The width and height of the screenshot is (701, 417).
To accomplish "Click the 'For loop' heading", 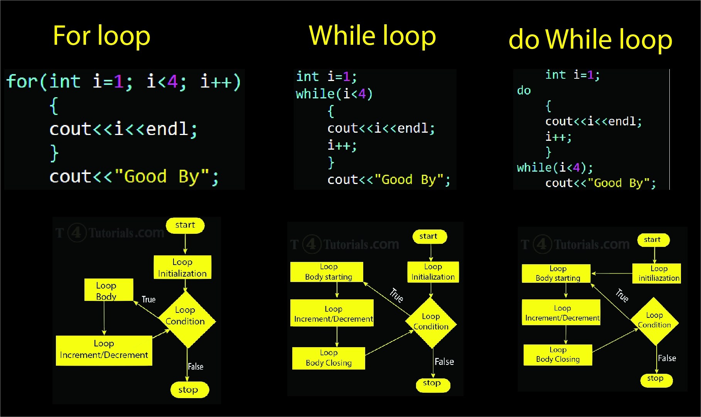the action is pos(101,36).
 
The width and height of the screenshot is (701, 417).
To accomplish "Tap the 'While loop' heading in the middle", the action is pos(372,35).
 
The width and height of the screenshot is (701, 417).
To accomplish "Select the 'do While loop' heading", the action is pos(590,39).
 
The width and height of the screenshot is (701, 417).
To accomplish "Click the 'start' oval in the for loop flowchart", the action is pos(185,225).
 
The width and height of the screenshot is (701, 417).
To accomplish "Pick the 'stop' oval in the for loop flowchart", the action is pos(189,390).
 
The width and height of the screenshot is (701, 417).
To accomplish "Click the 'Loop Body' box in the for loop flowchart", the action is pos(108,290).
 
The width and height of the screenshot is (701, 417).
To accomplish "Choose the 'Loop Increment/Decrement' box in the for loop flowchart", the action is pos(104,349).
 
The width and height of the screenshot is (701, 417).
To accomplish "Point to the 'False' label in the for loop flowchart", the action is pos(195,366).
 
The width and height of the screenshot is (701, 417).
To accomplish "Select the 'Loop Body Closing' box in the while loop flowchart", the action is pos(329,358).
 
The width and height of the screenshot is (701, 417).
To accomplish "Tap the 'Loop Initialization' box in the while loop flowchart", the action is pos(433,272).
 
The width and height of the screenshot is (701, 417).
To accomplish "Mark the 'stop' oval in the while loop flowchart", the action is pos(432,384).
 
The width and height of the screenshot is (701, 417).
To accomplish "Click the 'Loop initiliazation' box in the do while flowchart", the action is pos(657,273).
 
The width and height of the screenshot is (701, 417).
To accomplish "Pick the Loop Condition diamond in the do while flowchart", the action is pos(654,321).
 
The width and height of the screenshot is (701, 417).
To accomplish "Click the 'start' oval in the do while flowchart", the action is pos(653,240).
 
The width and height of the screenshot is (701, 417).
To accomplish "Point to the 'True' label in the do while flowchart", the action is pos(622,295).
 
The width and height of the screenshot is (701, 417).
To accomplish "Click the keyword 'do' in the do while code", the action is pos(524,91).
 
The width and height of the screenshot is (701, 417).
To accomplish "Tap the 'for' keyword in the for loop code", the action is pos(22,81).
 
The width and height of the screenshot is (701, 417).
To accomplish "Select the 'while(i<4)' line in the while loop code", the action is pos(334,94).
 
